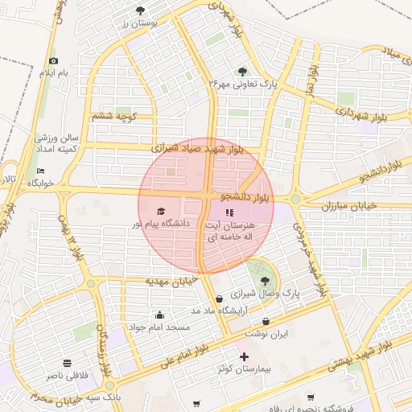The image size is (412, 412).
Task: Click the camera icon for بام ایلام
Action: pos(54,61)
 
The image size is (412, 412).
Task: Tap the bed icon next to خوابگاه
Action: pos(41,171)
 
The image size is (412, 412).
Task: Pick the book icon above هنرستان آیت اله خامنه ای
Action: pos(229,212)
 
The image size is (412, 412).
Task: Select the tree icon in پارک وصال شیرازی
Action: pos(265,281)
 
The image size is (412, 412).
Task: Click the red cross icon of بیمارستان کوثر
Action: pos(244,356)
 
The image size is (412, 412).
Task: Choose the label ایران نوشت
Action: pos(249,332)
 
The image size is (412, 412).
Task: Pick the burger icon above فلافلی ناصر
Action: pos(67,363)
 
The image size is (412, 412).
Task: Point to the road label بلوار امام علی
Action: pos(183,352)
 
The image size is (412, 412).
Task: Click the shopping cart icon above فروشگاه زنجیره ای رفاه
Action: pos(311,398)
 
